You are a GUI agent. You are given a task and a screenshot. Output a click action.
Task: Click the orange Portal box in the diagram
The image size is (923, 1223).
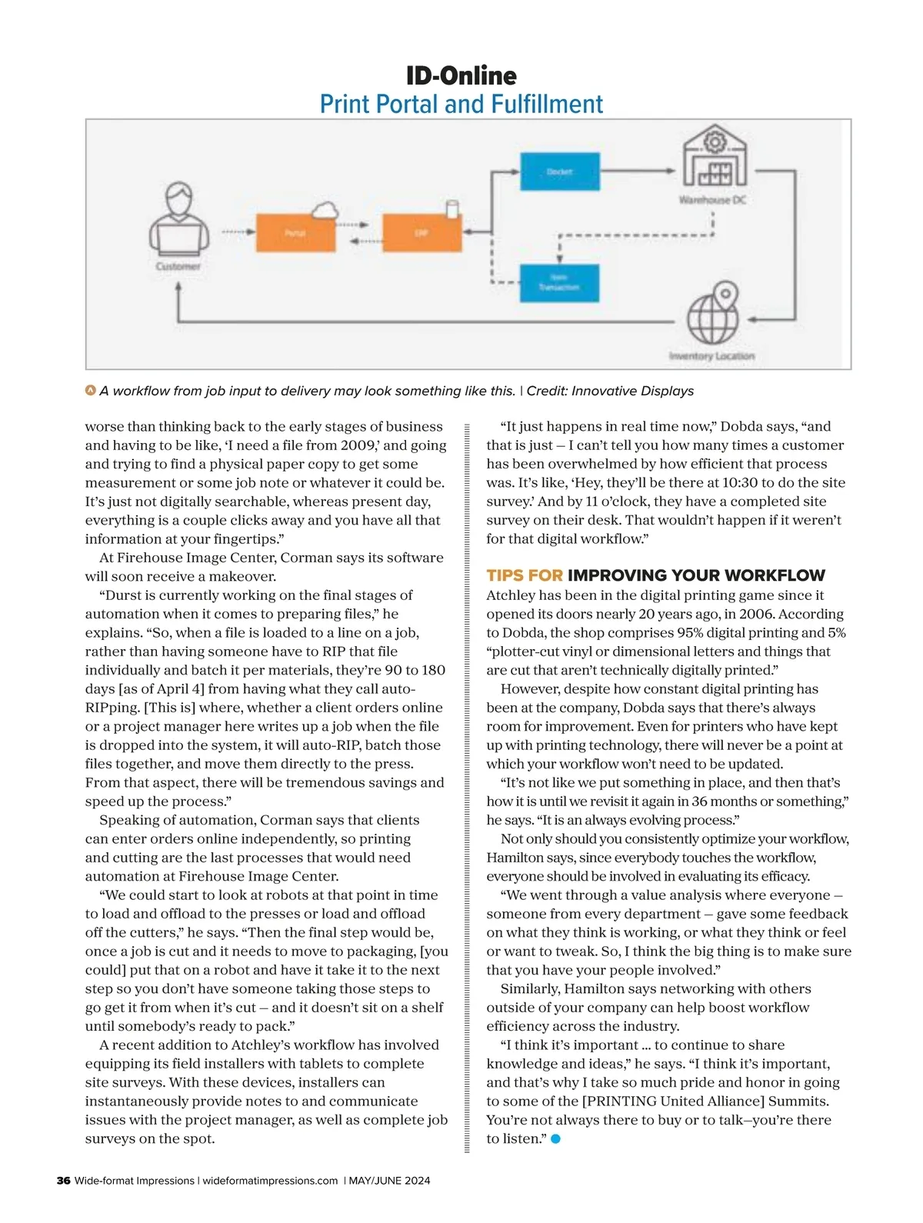coord(295,232)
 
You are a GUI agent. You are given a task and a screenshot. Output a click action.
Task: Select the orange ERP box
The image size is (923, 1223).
coord(422,232)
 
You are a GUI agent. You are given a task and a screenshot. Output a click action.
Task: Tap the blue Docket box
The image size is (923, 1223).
coord(559,172)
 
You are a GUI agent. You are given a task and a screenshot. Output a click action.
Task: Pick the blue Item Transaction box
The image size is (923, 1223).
coord(559,283)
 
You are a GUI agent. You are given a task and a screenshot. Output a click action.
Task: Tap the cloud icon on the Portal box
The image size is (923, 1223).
coord(325,210)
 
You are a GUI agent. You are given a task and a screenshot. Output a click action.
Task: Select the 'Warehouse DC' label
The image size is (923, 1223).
coord(712,200)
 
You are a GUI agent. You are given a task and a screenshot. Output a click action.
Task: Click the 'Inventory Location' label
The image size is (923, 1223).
coord(711,356)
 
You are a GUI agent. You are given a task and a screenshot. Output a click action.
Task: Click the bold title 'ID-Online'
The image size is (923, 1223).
coord(461,75)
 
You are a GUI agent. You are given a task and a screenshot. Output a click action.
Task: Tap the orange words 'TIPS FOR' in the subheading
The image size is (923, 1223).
coord(525,575)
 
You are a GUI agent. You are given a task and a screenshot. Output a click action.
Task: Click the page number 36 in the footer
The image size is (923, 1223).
coord(64,1181)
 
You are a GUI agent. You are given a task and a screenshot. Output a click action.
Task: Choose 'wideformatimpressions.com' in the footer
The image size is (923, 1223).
coord(270,1181)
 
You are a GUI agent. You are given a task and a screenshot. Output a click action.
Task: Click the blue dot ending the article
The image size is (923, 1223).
coord(555,1139)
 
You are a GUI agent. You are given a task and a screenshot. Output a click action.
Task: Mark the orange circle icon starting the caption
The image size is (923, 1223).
coord(91,391)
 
